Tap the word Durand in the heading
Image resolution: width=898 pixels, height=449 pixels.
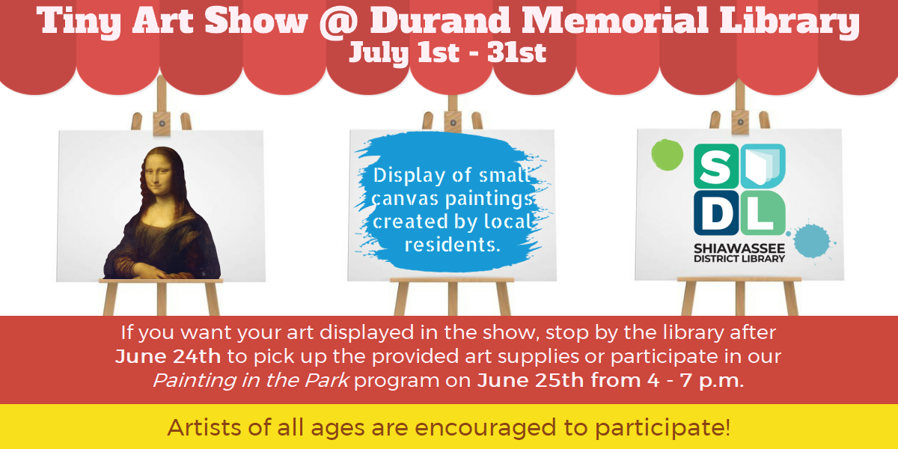point(441,20)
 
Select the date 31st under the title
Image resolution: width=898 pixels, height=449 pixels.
point(517,52)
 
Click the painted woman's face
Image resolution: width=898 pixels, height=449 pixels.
point(160,176)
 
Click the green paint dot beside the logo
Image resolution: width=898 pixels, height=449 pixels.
point(667,154)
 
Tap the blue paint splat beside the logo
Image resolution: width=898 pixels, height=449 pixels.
point(813,240)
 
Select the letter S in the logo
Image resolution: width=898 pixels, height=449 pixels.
point(716,166)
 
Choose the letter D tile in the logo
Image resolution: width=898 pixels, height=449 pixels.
point(716,213)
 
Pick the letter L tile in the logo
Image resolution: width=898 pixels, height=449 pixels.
point(763,213)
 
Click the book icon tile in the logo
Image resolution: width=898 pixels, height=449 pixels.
point(763,166)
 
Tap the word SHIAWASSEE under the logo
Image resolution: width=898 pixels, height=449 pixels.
point(739,248)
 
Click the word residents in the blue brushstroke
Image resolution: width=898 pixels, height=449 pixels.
point(453,245)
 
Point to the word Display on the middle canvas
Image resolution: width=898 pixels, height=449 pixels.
point(409,176)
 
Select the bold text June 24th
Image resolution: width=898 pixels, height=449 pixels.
point(168,356)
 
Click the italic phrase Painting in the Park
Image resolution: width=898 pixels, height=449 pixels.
point(251,380)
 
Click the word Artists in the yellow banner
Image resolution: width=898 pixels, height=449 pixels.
point(204,427)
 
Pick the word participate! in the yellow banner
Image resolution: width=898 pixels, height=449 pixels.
point(663,429)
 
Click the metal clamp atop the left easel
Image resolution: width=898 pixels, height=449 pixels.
point(162,123)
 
